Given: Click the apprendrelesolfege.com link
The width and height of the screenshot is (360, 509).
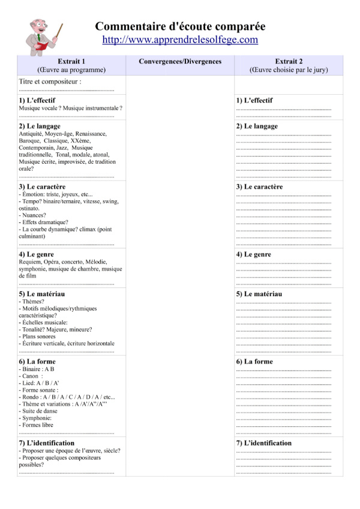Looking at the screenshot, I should [180, 40].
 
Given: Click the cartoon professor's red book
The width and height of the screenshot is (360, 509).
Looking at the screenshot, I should [41, 45].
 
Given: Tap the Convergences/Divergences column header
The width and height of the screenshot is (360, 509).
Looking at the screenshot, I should [180, 62].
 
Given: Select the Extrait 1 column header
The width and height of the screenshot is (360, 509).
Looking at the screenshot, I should [71, 62].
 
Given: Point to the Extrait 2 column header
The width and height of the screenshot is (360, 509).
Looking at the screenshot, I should [289, 62].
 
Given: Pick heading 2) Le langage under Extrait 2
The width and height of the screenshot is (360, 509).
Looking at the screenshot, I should [257, 127].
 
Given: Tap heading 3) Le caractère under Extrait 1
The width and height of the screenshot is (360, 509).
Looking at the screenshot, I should [42, 187].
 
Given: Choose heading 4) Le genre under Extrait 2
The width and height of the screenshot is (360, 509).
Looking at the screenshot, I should [253, 255].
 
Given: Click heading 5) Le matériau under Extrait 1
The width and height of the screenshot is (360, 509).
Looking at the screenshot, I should [41, 294].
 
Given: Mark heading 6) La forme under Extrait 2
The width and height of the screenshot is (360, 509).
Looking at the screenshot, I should [254, 362].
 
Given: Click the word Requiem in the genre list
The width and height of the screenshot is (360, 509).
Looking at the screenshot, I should [30, 262].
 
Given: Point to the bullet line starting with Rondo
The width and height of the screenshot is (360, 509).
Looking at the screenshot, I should [67, 397].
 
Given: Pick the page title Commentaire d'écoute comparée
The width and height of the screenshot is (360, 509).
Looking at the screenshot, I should [180, 26].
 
